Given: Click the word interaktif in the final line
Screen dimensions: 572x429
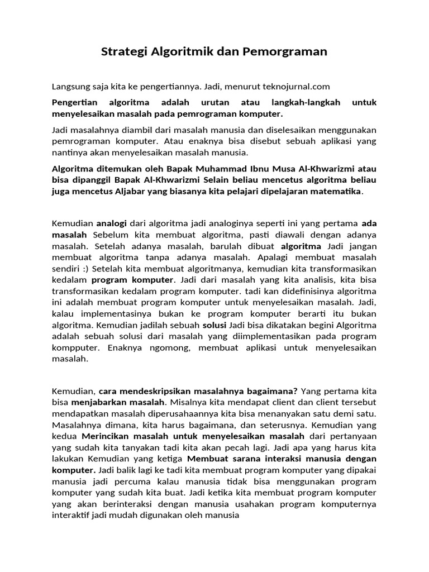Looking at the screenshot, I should (x=72, y=516).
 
